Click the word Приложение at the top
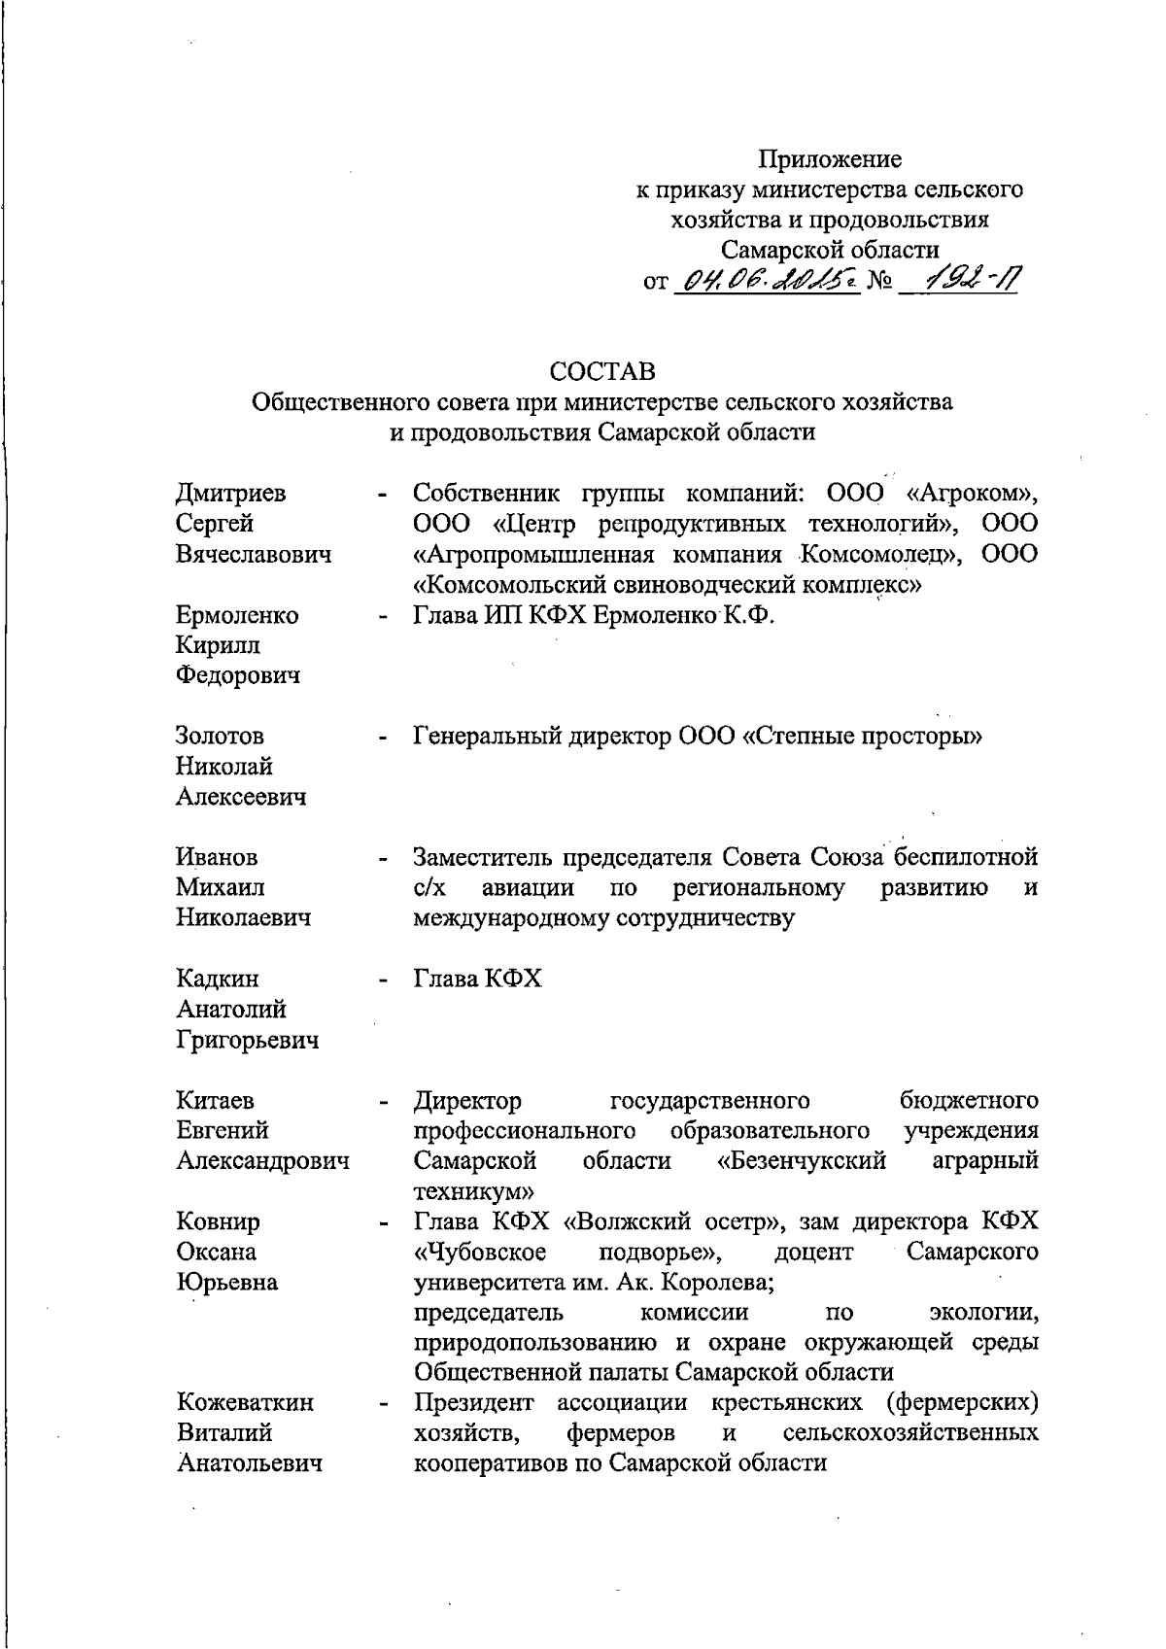click(x=829, y=158)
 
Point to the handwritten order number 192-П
click(x=957, y=280)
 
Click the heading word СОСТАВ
click(x=601, y=371)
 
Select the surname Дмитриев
click(x=231, y=494)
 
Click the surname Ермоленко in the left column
click(x=237, y=615)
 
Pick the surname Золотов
click(x=220, y=737)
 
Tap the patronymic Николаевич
click(x=243, y=917)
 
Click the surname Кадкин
click(x=218, y=979)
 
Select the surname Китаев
click(x=216, y=1100)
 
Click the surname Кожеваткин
click(x=245, y=1402)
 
